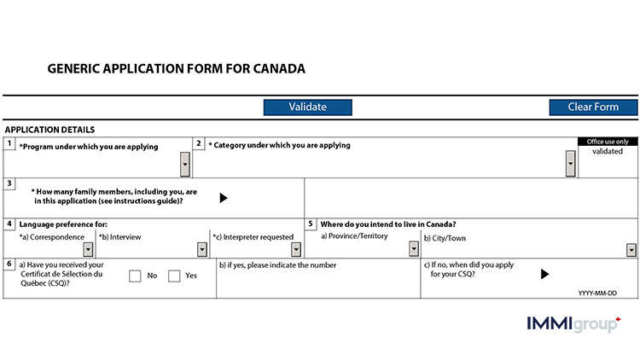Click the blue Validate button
307,107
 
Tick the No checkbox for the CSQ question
135,276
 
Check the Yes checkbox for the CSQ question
174,276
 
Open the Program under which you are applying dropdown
185,163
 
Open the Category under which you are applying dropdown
570,163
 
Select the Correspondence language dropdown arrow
88,249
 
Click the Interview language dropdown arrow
202,249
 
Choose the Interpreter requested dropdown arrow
295,249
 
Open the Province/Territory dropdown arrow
416,249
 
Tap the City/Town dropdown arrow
631,249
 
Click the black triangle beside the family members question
224,198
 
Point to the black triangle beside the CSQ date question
544,274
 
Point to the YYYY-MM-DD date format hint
597,292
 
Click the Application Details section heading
49,130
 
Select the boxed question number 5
311,224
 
